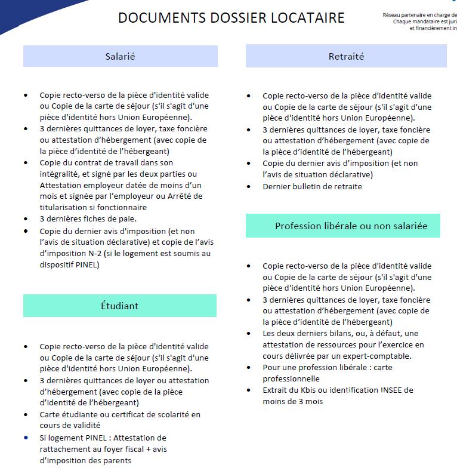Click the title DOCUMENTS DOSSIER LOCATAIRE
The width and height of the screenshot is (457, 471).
pyautogui.click(x=231, y=18)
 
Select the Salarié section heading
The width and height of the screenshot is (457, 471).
pyautogui.click(x=120, y=57)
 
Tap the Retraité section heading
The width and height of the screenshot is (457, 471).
pyautogui.click(x=346, y=57)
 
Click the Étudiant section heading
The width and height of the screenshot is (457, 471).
pyautogui.click(x=119, y=306)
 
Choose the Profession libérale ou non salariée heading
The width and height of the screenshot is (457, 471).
pyautogui.click(x=342, y=226)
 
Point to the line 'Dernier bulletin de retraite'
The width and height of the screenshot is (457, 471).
pyautogui.click(x=312, y=186)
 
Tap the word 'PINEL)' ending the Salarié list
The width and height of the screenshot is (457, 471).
pyautogui.click(x=87, y=264)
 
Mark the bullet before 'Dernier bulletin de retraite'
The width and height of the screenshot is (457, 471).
pyautogui.click(x=249, y=187)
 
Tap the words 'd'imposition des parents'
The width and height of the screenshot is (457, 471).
pyautogui.click(x=85, y=461)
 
